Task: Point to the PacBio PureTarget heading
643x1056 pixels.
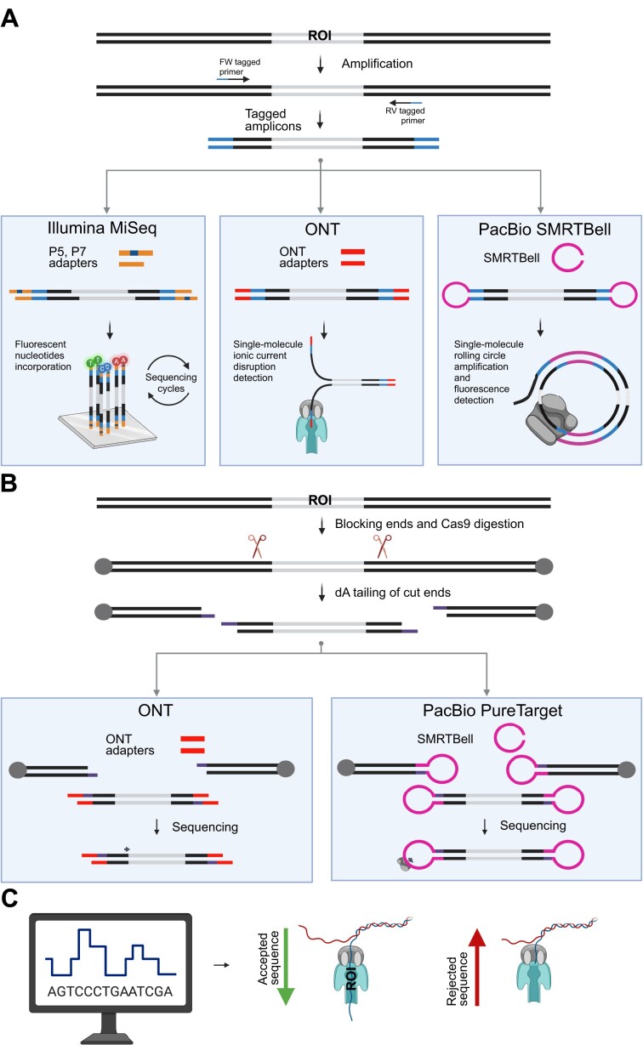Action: (x=481, y=696)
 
